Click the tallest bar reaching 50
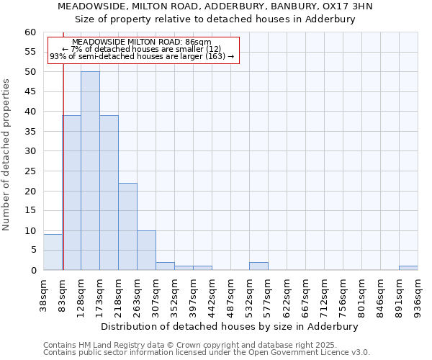click(x=90, y=171)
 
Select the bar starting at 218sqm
click(x=127, y=227)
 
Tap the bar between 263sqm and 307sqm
click(x=146, y=251)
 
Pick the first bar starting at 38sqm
click(x=53, y=253)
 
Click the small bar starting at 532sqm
click(x=258, y=266)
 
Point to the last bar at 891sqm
click(x=408, y=268)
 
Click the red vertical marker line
click(x=63, y=180)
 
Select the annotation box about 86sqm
click(x=142, y=50)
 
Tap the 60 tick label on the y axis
click(x=30, y=32)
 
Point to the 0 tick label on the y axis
click(x=32, y=271)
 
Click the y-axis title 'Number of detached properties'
click(x=7, y=155)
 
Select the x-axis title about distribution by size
click(x=229, y=326)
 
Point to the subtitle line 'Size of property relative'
click(x=215, y=19)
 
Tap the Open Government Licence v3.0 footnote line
click(x=207, y=353)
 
